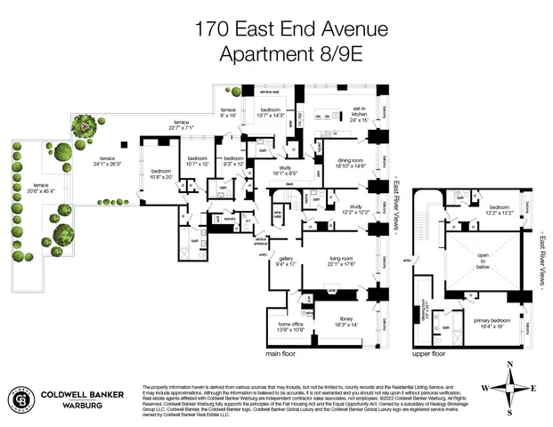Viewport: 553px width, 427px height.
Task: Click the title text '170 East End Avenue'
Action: pyautogui.click(x=291, y=29)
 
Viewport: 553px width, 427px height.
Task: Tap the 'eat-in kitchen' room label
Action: pyautogui.click(x=358, y=115)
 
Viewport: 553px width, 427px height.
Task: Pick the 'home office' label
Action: pyautogui.click(x=291, y=326)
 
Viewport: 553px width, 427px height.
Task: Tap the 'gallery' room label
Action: pyautogui.click(x=286, y=261)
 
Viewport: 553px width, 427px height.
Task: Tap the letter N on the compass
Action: pyautogui.click(x=509, y=365)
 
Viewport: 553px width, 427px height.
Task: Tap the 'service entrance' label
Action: pyautogui.click(x=262, y=241)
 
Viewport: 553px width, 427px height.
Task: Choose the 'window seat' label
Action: pyautogui.click(x=269, y=93)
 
